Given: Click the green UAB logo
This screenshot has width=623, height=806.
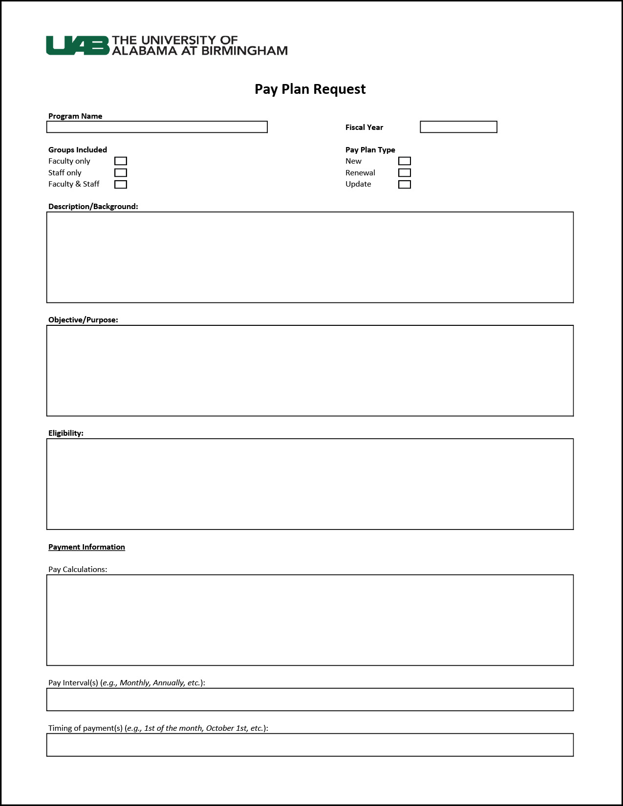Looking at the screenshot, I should point(78,45).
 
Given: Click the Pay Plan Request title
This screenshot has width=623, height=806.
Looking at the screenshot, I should point(310,89).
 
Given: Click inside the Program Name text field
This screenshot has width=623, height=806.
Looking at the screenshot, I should point(157,127).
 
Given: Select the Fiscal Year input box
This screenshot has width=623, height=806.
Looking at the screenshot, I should point(458,127).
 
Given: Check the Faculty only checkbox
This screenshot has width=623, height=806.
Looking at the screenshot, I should point(121,161).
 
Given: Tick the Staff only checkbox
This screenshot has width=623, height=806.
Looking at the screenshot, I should point(121,173).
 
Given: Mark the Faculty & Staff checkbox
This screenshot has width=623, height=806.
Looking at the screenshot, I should point(121,184).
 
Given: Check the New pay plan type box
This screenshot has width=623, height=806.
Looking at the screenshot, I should point(405,161).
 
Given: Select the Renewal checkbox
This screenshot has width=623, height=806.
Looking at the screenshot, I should point(405,173).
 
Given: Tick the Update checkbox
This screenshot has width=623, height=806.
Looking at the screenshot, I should point(405,184).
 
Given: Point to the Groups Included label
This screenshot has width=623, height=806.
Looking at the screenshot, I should point(78,150).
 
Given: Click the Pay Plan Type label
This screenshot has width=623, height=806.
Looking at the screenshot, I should point(370,150).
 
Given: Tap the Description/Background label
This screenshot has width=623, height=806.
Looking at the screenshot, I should point(93,207).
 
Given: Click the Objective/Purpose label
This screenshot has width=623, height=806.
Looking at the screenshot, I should point(83,320).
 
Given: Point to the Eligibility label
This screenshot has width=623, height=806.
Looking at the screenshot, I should point(66,433).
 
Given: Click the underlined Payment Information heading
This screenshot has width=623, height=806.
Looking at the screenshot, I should point(86,547).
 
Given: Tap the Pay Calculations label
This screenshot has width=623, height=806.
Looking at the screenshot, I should point(78,570).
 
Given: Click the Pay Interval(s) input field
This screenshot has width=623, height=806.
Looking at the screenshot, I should point(310,700).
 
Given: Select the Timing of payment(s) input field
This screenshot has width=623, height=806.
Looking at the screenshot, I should point(310,745).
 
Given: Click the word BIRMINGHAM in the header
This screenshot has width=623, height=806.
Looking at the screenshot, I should point(244,51).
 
